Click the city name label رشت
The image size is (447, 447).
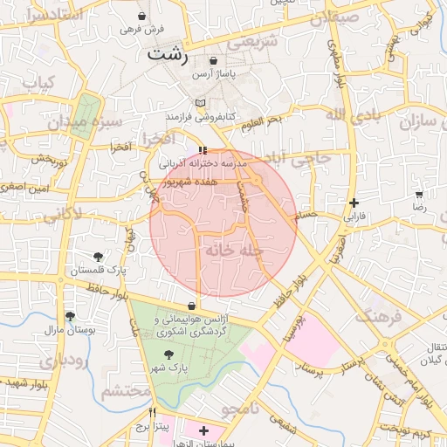click(168, 53)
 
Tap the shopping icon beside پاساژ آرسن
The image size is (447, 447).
click(215, 60)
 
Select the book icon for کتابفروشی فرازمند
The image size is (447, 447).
click(200, 103)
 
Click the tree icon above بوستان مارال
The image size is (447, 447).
click(70, 316)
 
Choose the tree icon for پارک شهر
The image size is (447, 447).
click(168, 354)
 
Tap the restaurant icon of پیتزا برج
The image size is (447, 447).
click(153, 413)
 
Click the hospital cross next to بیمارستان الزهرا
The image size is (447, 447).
click(204, 430)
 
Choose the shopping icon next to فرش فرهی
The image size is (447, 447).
click(142, 16)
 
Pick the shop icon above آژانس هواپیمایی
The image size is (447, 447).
click(191, 306)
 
